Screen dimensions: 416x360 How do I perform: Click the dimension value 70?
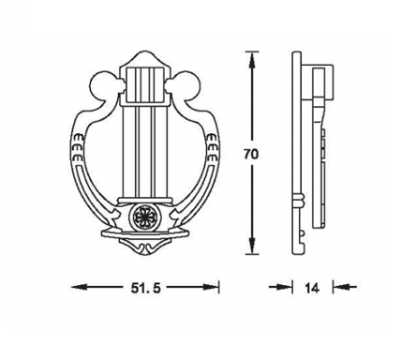click(251, 155)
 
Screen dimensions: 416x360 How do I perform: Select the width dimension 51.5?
click(145, 288)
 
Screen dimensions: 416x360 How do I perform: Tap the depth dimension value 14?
click(312, 288)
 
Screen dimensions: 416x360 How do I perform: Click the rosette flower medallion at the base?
click(145, 217)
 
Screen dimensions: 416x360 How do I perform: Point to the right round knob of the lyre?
click(186, 85)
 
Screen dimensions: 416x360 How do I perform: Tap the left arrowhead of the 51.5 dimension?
click(80, 287)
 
